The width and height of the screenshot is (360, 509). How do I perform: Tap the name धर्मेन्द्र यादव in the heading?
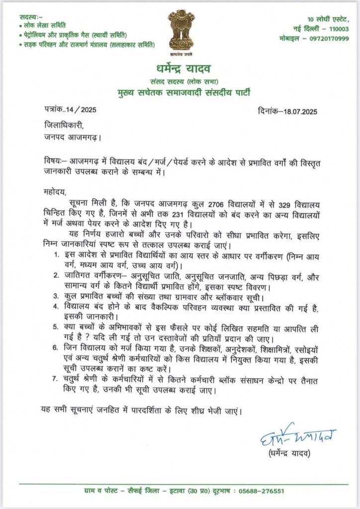tap(180, 68)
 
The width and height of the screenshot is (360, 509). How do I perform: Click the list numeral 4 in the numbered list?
tap(55, 306)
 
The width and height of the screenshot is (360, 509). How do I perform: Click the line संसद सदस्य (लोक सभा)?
tap(180, 81)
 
